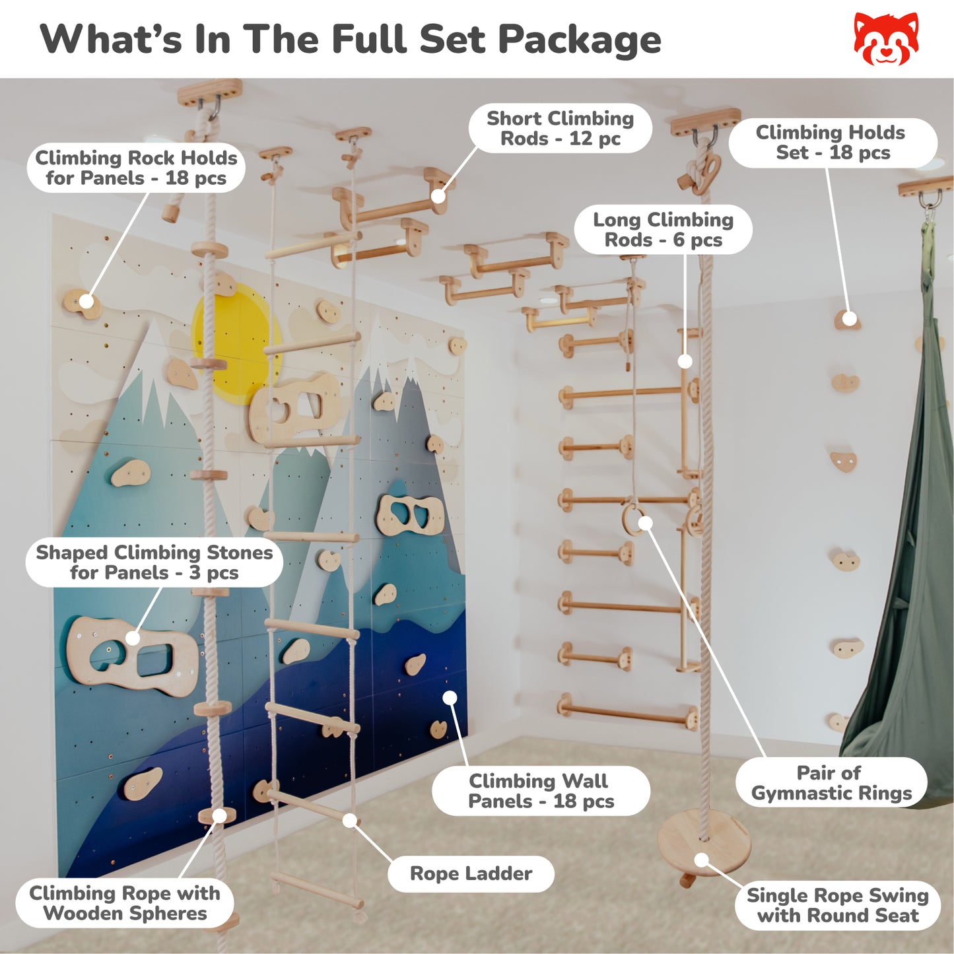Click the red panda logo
[x=886, y=39]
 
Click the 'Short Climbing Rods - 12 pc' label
[x=561, y=128]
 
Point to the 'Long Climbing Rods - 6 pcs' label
[x=664, y=230]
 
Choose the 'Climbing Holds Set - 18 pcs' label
[x=833, y=143]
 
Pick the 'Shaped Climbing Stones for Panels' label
[x=154, y=562]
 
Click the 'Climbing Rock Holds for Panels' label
[x=136, y=168]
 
